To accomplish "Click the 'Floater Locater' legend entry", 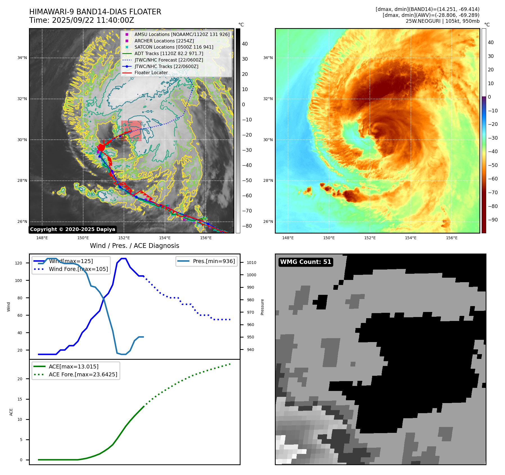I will [151, 73].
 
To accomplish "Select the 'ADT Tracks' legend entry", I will [169, 53].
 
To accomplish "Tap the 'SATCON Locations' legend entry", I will [174, 47].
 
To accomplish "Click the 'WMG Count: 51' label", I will [305, 262].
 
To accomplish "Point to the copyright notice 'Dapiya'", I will [73, 229].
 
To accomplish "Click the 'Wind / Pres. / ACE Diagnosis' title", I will [134, 246].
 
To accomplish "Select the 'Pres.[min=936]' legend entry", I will [214, 261].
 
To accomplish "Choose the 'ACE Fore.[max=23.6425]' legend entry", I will [83, 374].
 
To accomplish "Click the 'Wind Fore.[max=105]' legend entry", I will [78, 269].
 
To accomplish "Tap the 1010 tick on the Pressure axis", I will [251, 263].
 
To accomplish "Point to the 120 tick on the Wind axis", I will [19, 263].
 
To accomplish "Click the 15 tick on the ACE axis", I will [20, 399].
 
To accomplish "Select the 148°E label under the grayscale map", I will [42, 238].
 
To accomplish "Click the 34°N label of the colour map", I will [268, 58].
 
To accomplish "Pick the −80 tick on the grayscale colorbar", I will [247, 226].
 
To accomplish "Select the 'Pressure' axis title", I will [262, 307].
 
